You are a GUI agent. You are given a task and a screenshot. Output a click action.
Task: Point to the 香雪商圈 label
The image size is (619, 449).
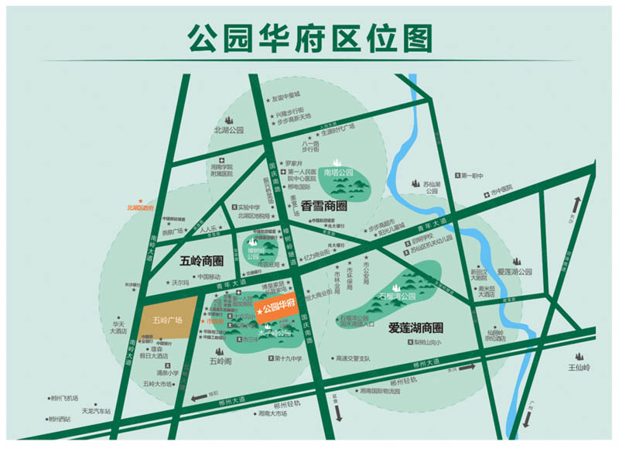pos(324,207)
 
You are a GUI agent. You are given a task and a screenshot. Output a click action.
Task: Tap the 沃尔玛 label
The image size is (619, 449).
pos(180,283)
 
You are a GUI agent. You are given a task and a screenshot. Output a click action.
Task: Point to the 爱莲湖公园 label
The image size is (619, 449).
pos(515,272)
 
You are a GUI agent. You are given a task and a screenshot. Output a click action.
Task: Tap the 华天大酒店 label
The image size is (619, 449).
pos(118,327)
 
